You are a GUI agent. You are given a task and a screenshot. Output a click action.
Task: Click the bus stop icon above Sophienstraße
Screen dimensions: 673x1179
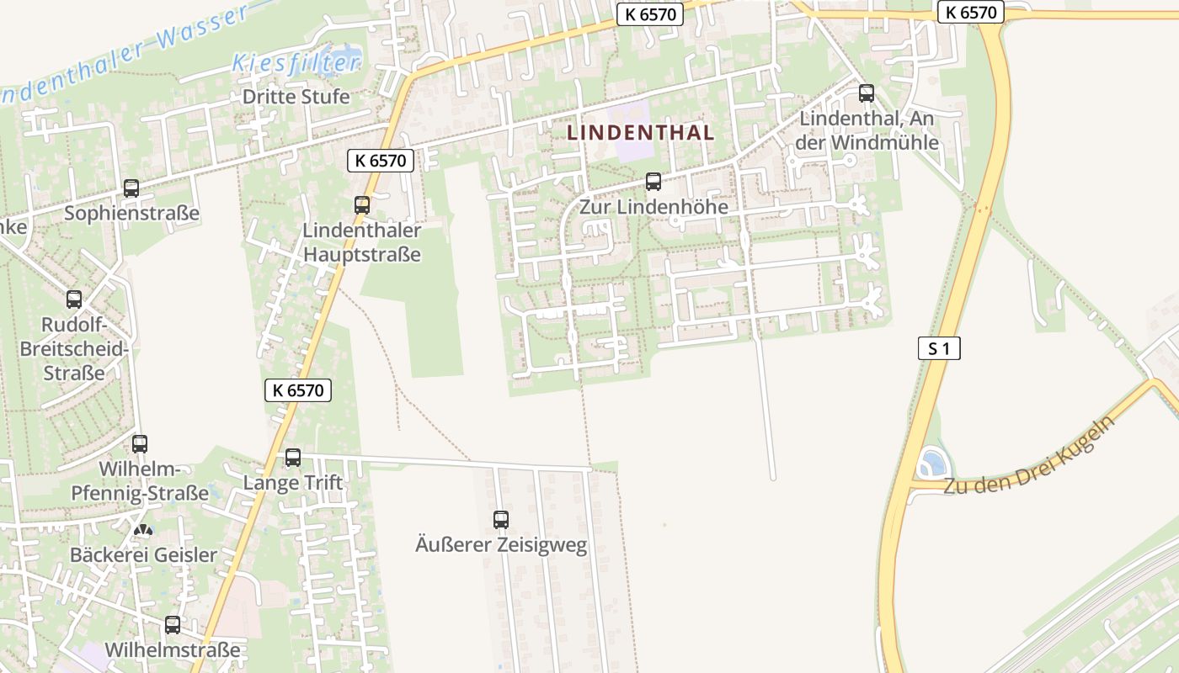[x=131, y=188]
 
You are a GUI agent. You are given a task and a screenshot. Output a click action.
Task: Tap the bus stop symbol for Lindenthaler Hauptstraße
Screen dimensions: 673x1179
[x=362, y=204]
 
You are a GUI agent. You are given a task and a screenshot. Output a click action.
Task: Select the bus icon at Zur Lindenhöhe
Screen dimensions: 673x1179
[x=653, y=182]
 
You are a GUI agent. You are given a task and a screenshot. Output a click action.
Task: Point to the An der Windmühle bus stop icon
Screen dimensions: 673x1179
[x=867, y=93]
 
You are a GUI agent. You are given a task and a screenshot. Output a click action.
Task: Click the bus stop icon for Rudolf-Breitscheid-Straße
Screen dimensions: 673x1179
[x=74, y=299]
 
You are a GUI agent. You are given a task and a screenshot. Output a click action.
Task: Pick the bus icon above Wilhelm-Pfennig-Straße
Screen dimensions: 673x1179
[x=140, y=443]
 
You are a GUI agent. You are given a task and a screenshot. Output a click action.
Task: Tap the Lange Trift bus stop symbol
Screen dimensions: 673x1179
[x=293, y=458]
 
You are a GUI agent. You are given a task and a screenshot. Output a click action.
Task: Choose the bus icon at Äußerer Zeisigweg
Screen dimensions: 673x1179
[x=501, y=520]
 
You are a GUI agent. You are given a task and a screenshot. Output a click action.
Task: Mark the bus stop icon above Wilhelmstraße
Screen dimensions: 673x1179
[x=173, y=625]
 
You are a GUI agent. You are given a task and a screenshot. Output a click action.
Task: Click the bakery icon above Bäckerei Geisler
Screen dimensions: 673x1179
[x=144, y=531]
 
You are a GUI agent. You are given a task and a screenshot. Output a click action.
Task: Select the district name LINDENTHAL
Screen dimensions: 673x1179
[x=640, y=133]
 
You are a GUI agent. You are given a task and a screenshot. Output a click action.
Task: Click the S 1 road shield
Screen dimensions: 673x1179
[x=939, y=348]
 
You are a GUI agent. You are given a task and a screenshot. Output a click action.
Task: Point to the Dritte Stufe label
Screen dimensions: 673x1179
[x=296, y=97]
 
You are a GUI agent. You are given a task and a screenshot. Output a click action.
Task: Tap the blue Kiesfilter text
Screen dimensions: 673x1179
[x=296, y=62]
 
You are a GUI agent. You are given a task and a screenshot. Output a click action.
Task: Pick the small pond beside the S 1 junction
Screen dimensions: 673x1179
[x=932, y=463]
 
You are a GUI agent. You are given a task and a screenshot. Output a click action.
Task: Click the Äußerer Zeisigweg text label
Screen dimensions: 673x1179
[x=501, y=545]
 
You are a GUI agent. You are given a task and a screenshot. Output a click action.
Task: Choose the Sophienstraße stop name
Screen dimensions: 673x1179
[x=132, y=213]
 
